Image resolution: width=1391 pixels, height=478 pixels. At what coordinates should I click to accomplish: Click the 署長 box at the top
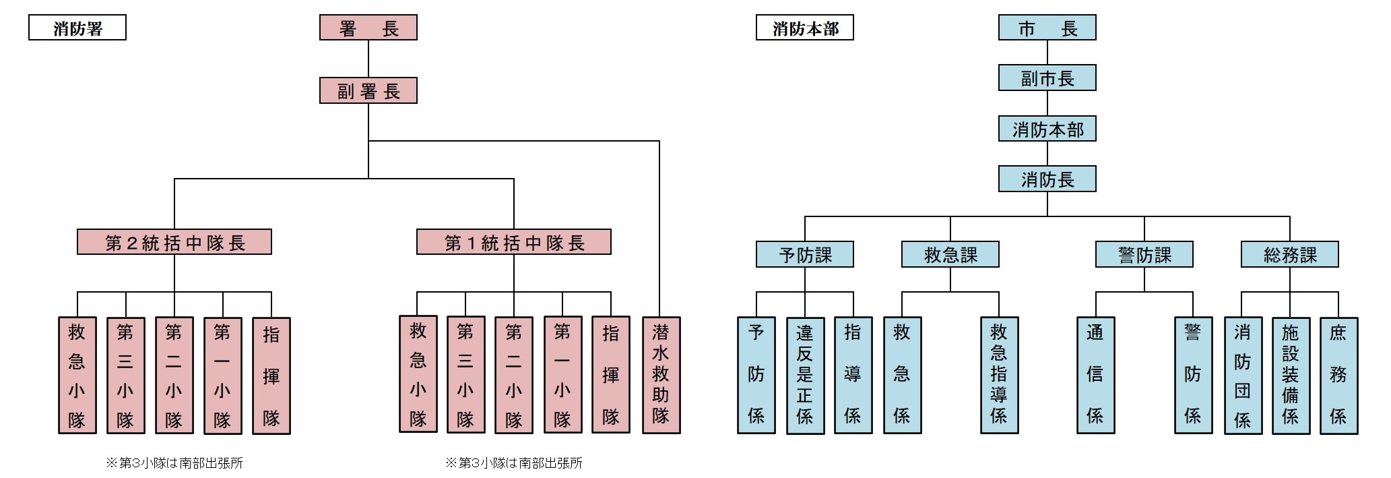click(x=368, y=28)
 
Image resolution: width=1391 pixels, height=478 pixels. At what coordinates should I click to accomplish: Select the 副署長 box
click(x=368, y=91)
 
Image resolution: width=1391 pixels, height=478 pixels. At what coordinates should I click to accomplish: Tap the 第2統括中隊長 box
click(x=174, y=242)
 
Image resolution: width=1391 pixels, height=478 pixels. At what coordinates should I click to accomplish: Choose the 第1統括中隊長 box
click(x=513, y=242)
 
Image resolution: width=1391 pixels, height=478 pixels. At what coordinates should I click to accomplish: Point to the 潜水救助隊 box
click(x=661, y=374)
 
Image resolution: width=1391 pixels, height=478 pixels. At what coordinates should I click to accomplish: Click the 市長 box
click(x=1047, y=28)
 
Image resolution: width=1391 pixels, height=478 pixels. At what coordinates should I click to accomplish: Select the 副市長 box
click(x=1047, y=78)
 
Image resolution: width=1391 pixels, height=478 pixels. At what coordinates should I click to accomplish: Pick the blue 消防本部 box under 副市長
click(x=1047, y=129)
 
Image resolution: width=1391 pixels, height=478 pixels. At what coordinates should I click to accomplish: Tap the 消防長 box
click(x=1047, y=179)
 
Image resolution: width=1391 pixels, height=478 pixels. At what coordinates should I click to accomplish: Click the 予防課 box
click(x=805, y=255)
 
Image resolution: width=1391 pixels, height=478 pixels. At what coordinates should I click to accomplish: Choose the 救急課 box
click(x=950, y=255)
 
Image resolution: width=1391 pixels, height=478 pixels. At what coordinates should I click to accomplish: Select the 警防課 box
click(x=1144, y=255)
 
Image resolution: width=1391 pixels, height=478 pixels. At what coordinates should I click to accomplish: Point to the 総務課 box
click(x=1289, y=255)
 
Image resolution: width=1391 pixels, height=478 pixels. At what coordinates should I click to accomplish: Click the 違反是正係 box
click(x=805, y=375)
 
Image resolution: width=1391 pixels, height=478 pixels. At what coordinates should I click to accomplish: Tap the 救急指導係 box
click(x=999, y=375)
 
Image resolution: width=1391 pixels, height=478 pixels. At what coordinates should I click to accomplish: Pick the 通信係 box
click(x=1095, y=375)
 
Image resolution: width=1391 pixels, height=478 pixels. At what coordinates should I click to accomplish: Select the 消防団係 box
click(x=1242, y=375)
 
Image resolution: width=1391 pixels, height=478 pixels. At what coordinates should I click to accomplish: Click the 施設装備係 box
click(x=1291, y=375)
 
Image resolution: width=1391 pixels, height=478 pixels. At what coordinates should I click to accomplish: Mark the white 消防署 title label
click(x=77, y=28)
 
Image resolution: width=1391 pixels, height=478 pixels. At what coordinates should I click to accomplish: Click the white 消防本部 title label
click(x=804, y=28)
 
